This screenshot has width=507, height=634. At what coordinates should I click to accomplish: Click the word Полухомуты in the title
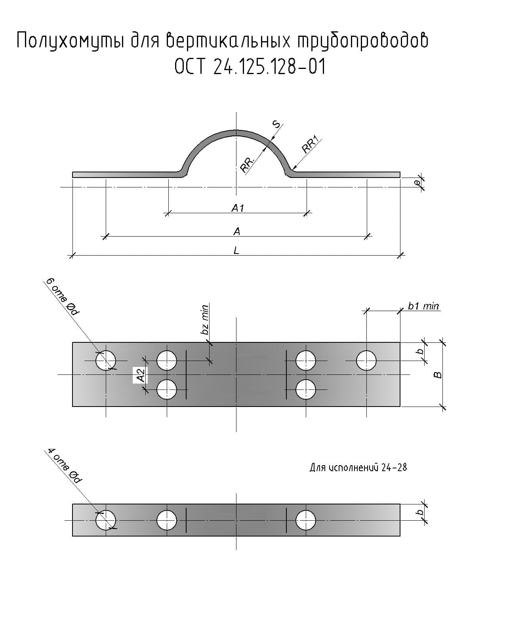tap(70, 41)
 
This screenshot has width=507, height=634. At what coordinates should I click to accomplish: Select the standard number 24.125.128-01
tap(269, 66)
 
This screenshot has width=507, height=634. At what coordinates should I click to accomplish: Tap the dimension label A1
tap(237, 208)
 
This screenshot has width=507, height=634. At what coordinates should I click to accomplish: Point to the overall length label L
tap(236, 251)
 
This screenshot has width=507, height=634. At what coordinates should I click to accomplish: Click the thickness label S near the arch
tap(276, 124)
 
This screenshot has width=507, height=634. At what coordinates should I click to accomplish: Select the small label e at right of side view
tap(417, 183)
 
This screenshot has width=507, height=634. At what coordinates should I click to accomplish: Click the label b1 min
tap(423, 306)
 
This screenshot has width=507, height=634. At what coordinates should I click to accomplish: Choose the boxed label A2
tap(141, 375)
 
